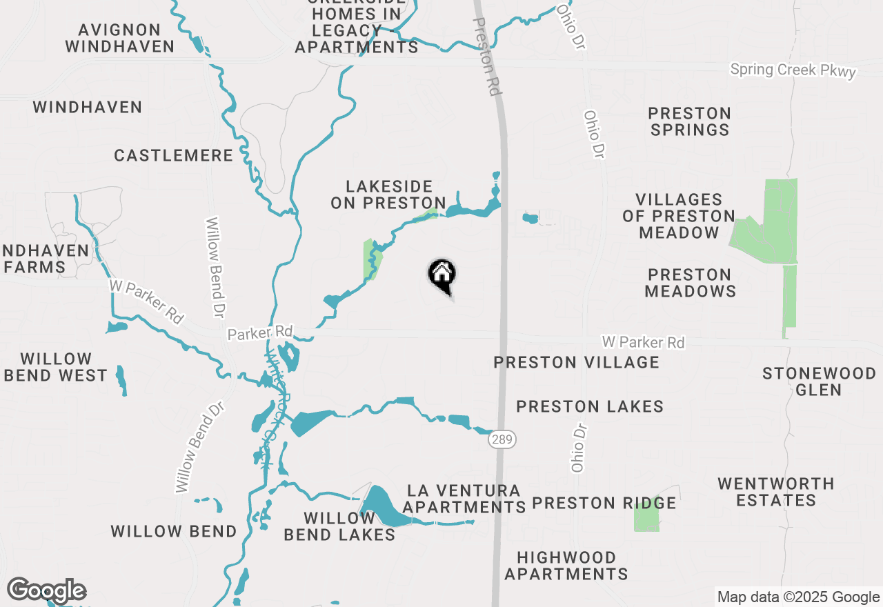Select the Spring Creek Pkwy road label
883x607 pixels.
[x=793, y=70]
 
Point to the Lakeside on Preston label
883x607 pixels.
[x=389, y=195]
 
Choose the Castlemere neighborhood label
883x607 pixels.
[x=174, y=155]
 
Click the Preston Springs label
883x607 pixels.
[x=689, y=121]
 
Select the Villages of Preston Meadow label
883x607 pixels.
[x=679, y=216]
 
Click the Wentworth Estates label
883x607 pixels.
[x=775, y=492]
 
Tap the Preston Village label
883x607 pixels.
[x=576, y=362]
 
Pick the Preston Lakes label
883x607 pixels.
[x=590, y=407]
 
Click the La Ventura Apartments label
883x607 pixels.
[x=464, y=499]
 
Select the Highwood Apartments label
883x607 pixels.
[x=566, y=565]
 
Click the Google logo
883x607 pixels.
[x=46, y=590]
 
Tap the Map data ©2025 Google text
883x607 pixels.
[x=798, y=597]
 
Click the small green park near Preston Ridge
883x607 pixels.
[x=646, y=515]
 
